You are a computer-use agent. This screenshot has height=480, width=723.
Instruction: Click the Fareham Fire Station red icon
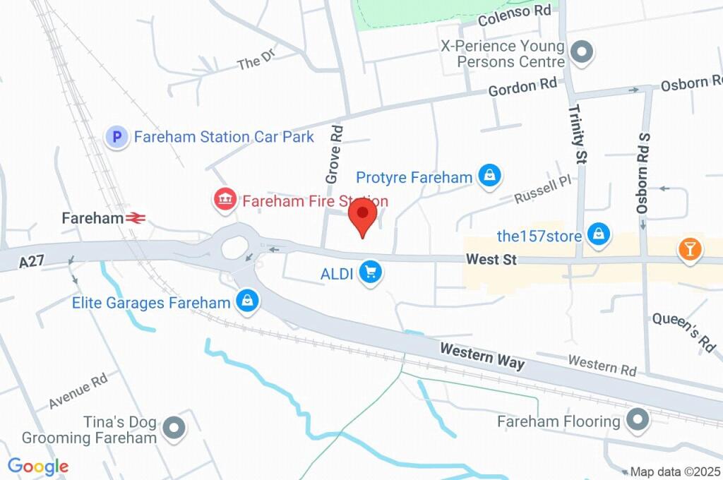tap(224, 200)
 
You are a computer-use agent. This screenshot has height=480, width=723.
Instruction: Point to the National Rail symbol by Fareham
tap(136, 219)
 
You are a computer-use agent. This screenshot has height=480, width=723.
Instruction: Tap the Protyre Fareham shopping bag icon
tap(489, 176)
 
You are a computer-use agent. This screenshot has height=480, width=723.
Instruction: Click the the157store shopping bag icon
tap(599, 235)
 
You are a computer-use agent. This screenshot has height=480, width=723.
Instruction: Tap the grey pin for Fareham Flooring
tap(638, 420)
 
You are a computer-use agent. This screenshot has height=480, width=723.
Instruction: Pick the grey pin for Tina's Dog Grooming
tap(174, 428)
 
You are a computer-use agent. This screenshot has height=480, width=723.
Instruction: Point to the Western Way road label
tap(482, 356)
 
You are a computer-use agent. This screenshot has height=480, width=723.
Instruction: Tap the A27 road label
tap(32, 261)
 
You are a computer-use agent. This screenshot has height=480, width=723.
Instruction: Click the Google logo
tap(38, 466)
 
